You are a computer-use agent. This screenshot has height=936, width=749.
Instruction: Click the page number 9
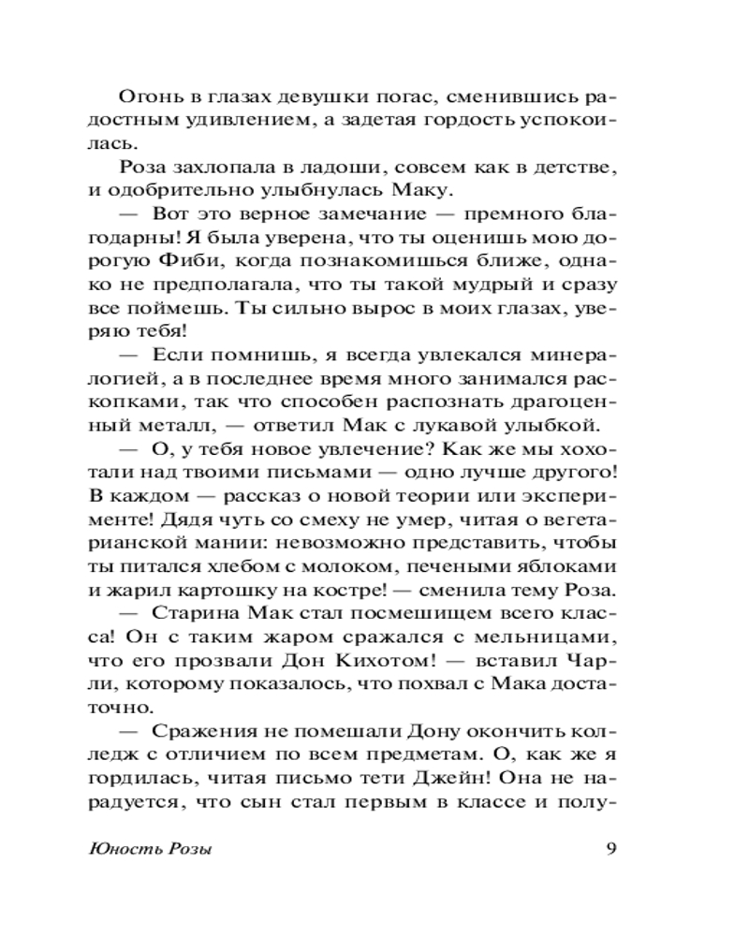(609, 849)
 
